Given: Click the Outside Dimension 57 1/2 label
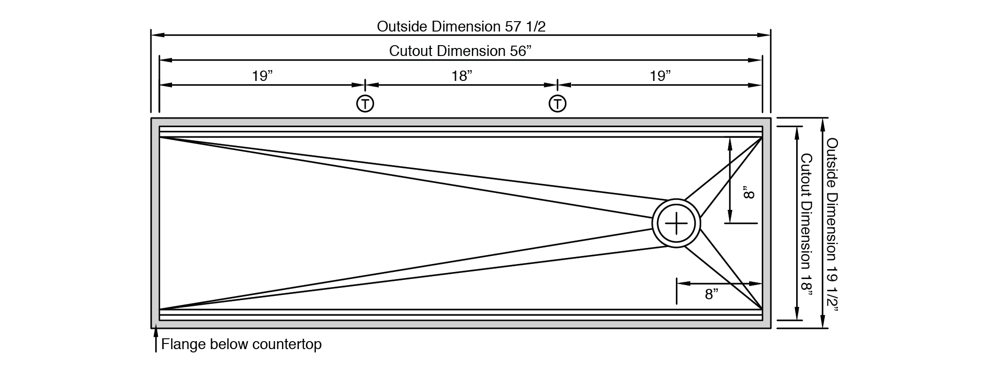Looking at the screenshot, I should click(461, 26).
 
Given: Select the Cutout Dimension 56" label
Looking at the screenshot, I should click(460, 51).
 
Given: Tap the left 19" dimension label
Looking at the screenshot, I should click(262, 76).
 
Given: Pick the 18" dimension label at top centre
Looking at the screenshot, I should click(462, 76).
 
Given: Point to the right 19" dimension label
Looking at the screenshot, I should click(660, 76).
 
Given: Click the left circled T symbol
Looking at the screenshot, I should click(365, 104).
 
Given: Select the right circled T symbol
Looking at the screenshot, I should click(557, 104).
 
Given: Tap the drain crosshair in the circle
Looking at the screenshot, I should click(676, 223).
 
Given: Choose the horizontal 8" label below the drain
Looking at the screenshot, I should click(712, 295).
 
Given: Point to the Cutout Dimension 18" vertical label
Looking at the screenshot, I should click(807, 224).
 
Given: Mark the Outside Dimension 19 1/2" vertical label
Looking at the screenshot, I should click(832, 224).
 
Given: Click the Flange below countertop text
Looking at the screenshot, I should click(241, 344).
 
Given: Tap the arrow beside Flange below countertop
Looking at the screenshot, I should click(156, 340).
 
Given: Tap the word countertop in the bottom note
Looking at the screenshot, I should click(287, 345).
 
